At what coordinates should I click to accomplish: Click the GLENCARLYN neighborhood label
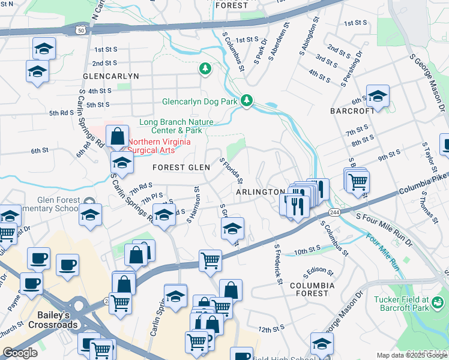tap(111, 76)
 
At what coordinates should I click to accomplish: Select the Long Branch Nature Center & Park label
tap(170, 126)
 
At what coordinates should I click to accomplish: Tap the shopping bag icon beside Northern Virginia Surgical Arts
tap(118, 136)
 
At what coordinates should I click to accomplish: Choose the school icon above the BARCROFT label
tap(378, 96)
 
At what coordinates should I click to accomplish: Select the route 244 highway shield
tap(334, 213)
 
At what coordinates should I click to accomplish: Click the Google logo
tap(20, 352)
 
